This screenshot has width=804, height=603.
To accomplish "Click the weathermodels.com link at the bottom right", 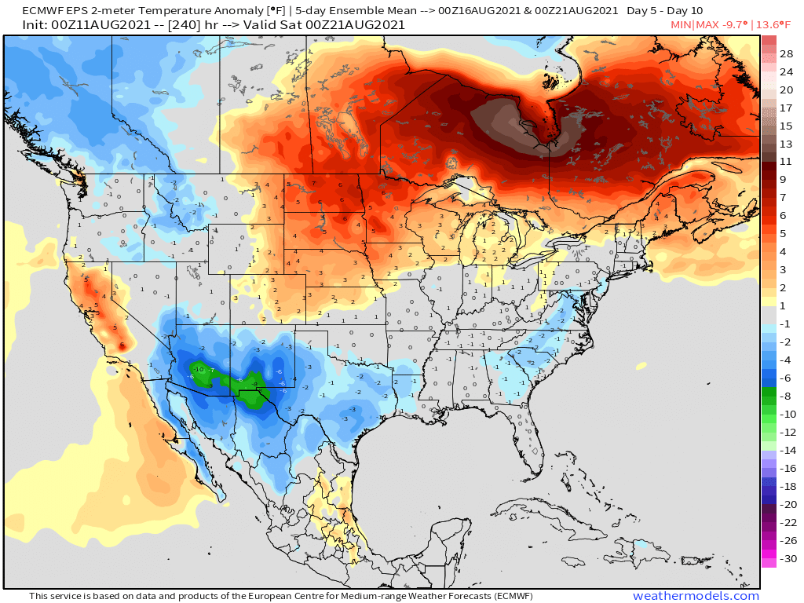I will click(696, 596).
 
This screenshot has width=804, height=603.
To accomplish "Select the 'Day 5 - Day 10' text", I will click(665, 11).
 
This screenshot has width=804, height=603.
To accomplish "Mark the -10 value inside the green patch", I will click(199, 369).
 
